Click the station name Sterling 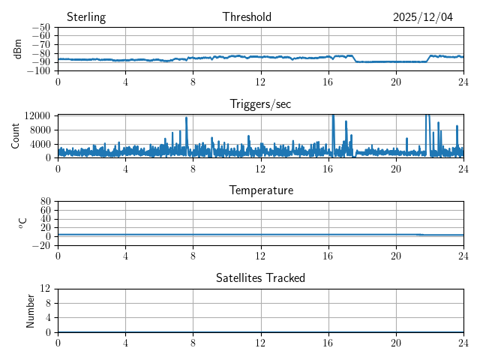click(x=85, y=17)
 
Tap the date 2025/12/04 click(x=423, y=17)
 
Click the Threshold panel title click(x=247, y=17)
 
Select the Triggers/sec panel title click(x=260, y=104)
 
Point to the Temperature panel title click(x=260, y=191)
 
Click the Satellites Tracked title click(x=260, y=278)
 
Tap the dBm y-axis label click(x=18, y=49)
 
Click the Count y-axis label click(x=15, y=136)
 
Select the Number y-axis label click(x=31, y=310)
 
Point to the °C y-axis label click(x=23, y=223)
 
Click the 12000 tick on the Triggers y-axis click(x=37, y=115)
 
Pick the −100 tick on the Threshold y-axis click(x=40, y=71)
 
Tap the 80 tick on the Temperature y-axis click(x=45, y=202)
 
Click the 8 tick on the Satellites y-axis click(x=47, y=303)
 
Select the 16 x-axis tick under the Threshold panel click(x=328, y=81)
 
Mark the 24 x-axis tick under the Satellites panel click(x=463, y=342)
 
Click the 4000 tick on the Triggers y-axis click(x=40, y=143)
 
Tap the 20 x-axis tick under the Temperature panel click(x=396, y=255)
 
